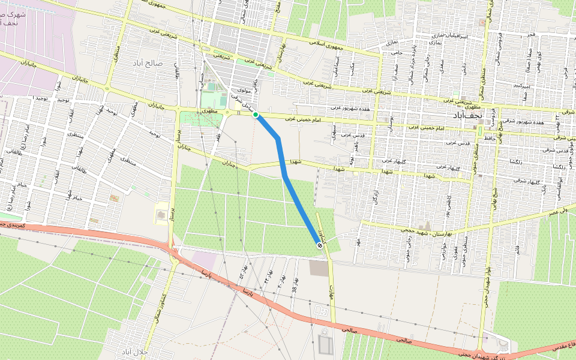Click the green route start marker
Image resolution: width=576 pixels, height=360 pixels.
tap(256, 115)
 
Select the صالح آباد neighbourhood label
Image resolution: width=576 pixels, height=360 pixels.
tap(154, 63)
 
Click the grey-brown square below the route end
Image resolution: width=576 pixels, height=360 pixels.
tap(319, 268)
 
